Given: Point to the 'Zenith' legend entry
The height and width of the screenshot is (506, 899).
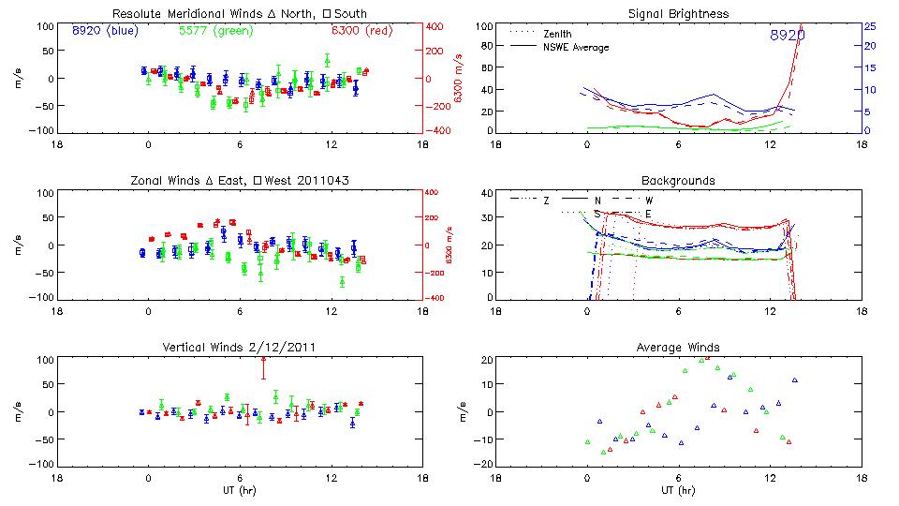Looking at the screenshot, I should tap(560, 34).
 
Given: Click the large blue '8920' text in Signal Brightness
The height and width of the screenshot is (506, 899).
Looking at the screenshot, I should tap(787, 35).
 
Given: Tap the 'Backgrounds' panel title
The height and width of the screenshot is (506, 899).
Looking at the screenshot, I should tap(679, 180).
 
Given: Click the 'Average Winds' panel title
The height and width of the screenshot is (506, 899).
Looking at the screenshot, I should tap(679, 348).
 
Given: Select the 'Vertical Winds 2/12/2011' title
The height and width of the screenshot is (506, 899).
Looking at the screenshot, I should tap(238, 348).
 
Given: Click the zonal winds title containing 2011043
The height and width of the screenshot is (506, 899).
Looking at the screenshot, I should tap(238, 180).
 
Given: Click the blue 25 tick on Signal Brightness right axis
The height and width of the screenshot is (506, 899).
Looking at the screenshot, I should tap(869, 26).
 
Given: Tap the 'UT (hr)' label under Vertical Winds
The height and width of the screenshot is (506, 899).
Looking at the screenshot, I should tap(238, 490).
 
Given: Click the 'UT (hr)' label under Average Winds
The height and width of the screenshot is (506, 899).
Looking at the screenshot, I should tap(679, 490).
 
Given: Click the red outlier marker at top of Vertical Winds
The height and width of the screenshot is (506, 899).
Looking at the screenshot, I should tap(264, 359).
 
